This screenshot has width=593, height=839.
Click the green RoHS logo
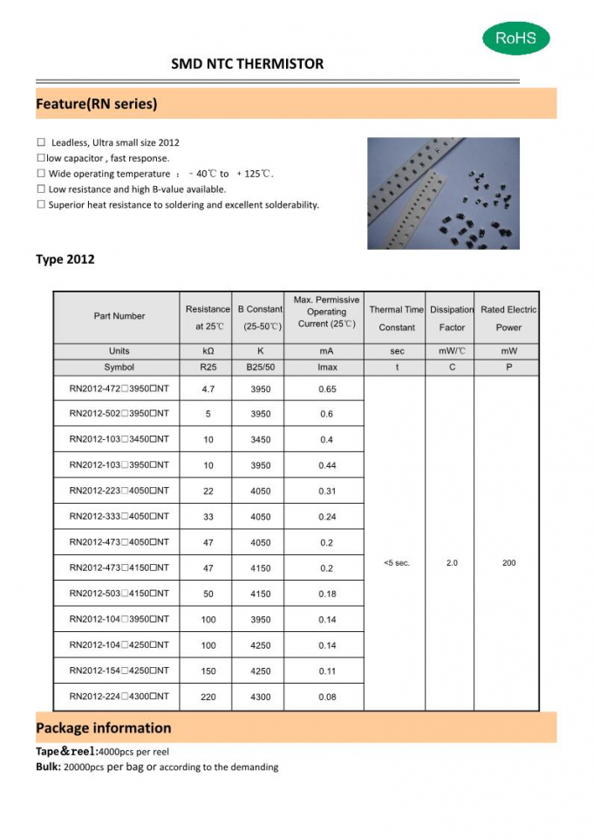pos(515,38)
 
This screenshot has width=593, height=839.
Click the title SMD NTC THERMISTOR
pos(247,64)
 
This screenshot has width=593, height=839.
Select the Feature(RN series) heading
pos(96,104)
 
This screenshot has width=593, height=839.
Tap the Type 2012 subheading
pos(65,259)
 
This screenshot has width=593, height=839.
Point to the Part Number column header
pos(119,316)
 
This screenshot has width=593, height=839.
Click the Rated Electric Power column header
pos(508,319)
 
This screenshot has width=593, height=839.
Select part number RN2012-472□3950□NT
pos(119,389)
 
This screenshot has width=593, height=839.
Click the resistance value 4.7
pos(208,389)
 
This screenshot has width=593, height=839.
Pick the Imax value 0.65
pos(327,389)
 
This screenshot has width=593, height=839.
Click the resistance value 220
pos(208,697)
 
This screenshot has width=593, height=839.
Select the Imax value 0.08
pos(327,697)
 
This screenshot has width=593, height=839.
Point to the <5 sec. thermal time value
pos(397,563)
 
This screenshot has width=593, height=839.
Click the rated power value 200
pos(508,563)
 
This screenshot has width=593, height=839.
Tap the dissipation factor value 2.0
pos(452,563)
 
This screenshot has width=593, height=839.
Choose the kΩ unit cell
pos(208,351)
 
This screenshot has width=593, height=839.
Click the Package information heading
pos(103,728)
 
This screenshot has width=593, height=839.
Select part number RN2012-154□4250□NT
pos(119,671)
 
